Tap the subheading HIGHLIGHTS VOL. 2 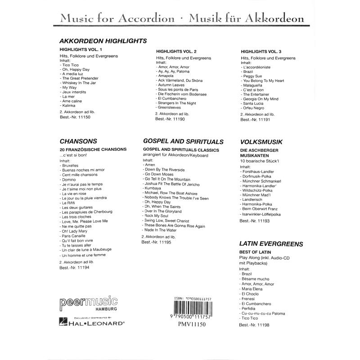click(x=176, y=52)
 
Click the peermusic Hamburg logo click(x=88, y=304)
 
